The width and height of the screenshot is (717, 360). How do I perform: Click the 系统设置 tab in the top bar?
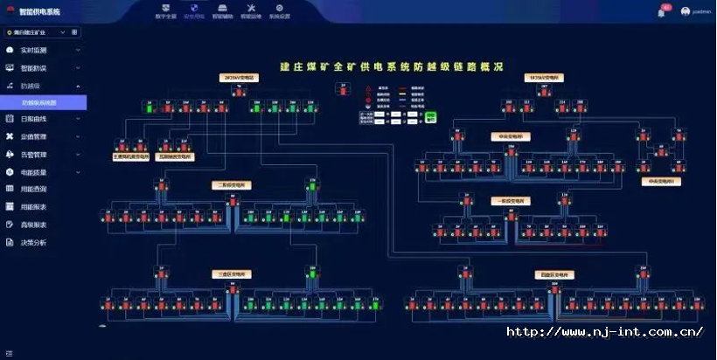(x=279, y=11)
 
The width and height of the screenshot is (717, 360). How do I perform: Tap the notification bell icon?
(x=661, y=12)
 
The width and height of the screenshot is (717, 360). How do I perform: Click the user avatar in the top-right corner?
(x=686, y=11)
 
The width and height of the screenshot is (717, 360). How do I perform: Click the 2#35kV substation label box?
(x=238, y=78)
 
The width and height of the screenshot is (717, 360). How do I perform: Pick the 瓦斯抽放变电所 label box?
(x=174, y=157)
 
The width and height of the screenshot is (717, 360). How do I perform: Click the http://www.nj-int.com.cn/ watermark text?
(x=605, y=332)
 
